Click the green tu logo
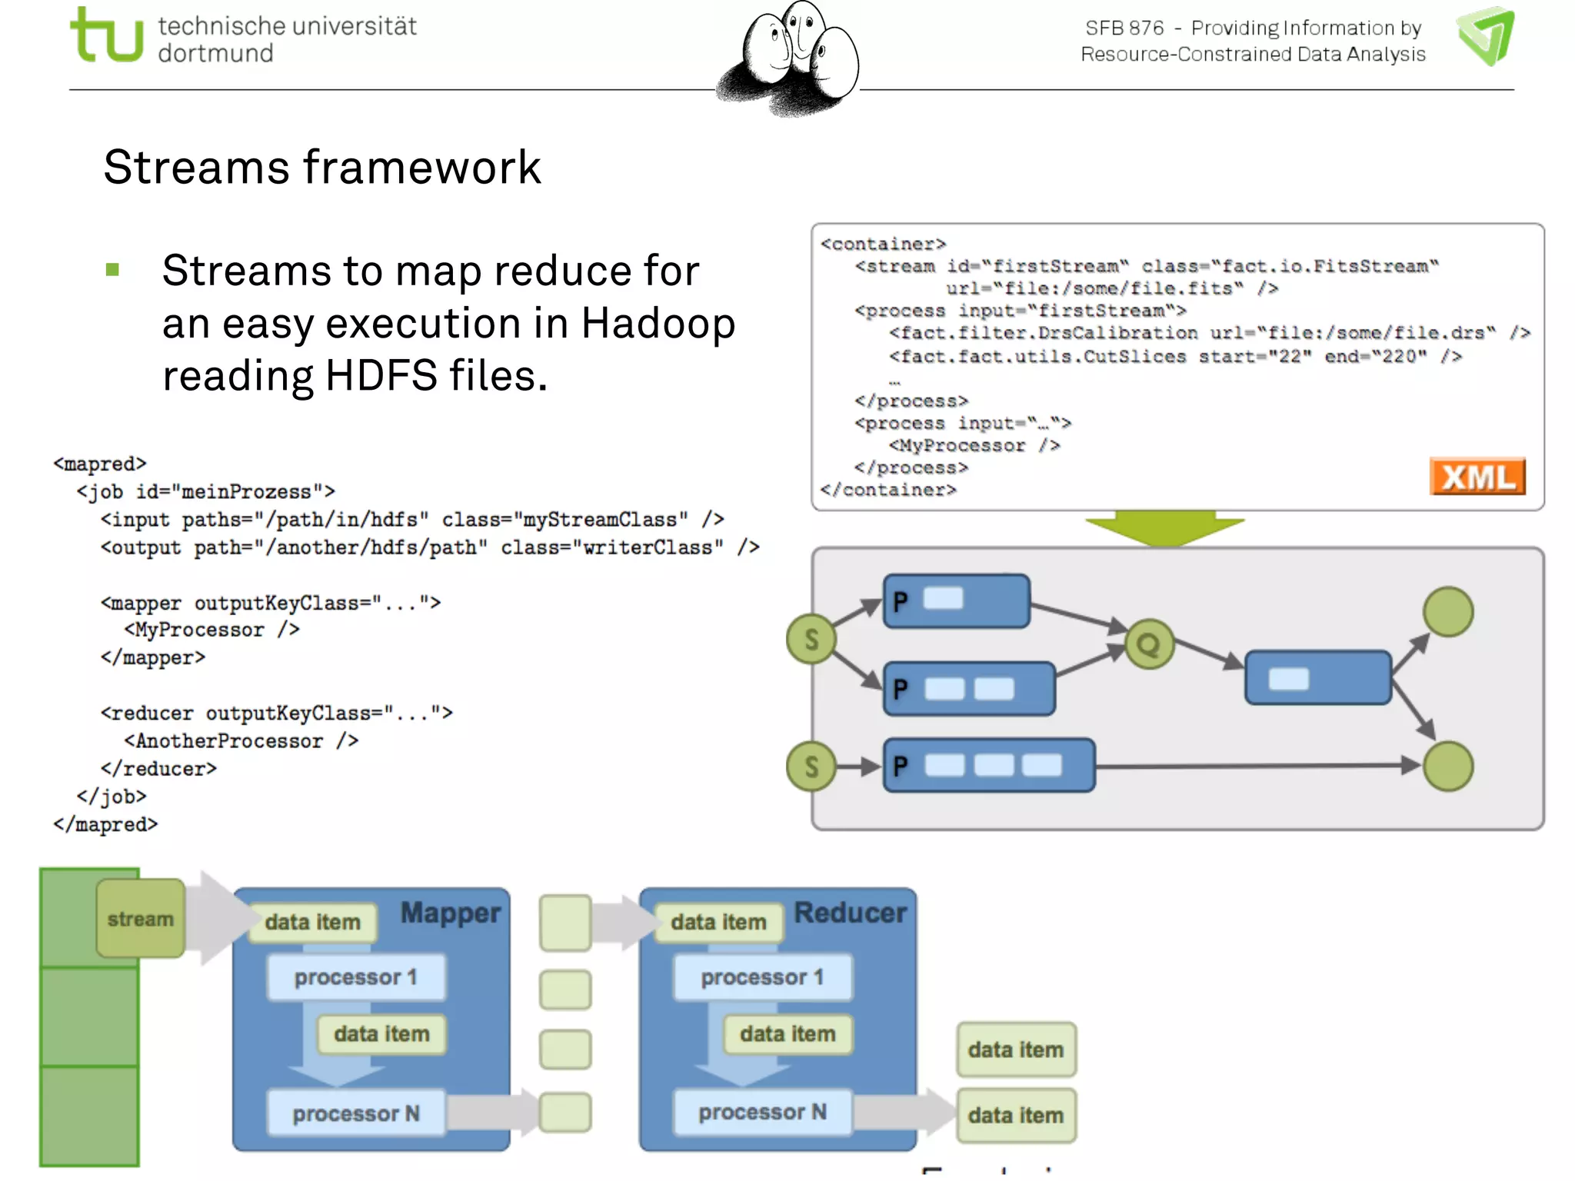106,35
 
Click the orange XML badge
1477,477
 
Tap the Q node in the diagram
1149,644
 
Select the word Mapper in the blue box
451,913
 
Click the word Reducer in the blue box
850,913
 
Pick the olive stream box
141,919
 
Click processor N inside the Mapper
356,1113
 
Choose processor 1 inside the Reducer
762,977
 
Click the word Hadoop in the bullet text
658,324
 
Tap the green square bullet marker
113,270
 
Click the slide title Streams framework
322,167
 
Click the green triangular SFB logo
1486,35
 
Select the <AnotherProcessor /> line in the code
241,741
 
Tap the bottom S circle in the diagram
811,767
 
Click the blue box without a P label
1317,677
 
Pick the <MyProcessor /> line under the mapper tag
211,630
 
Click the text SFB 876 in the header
1124,28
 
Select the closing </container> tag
888,490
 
